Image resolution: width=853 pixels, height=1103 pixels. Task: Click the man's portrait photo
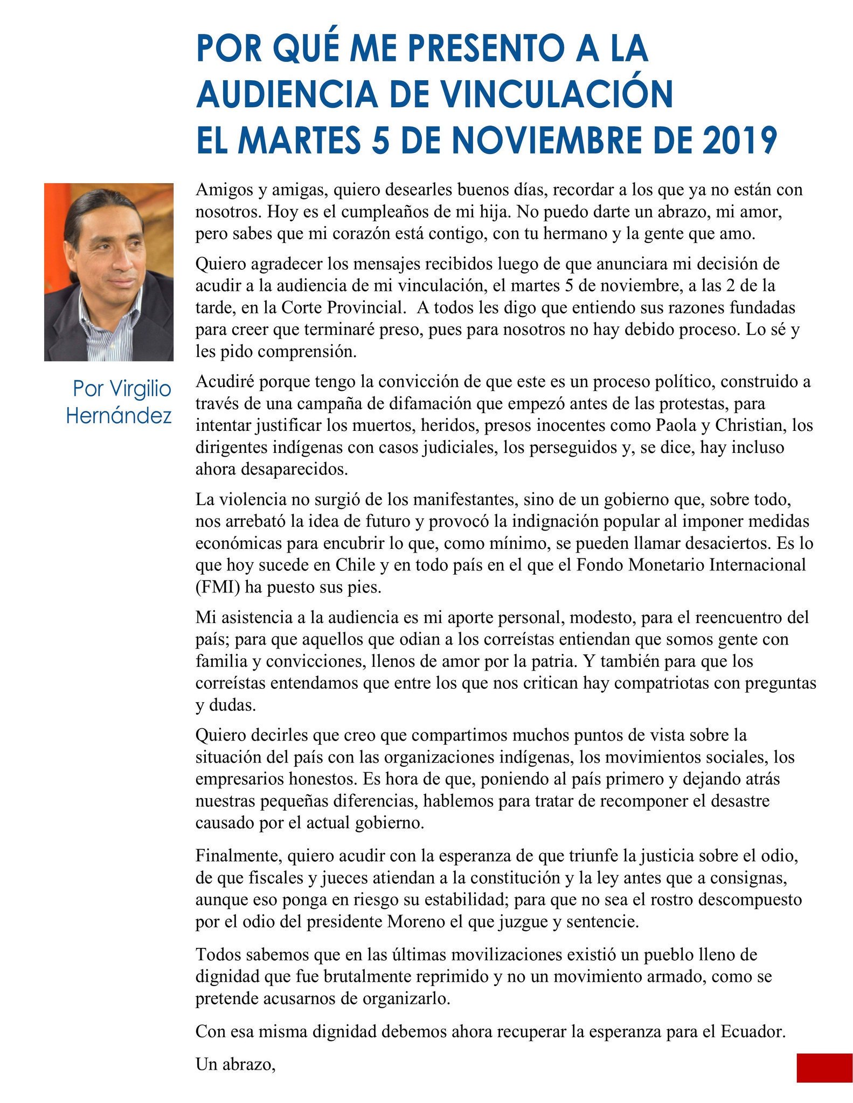pyautogui.click(x=109, y=272)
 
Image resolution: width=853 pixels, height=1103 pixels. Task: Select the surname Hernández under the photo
pyautogui.click(x=119, y=415)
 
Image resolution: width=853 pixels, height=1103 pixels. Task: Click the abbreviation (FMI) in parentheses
pyautogui.click(x=218, y=587)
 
